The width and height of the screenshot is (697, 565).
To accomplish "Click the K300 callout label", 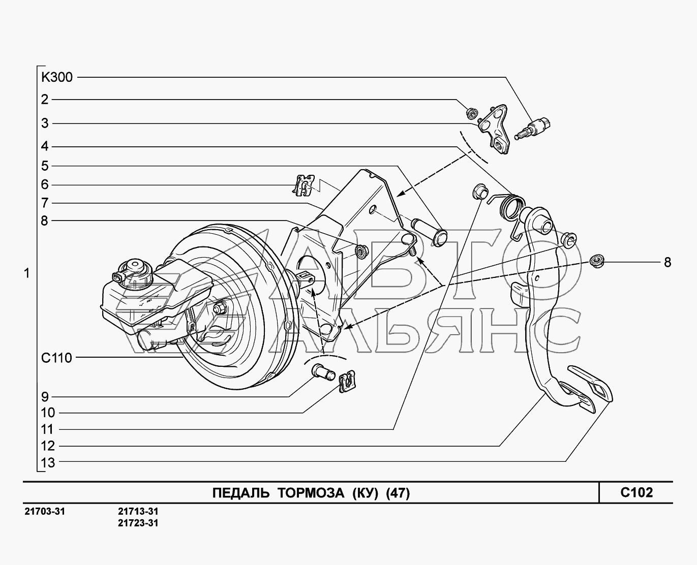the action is (x=56, y=78).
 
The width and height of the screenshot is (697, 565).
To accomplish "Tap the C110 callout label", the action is (x=56, y=358).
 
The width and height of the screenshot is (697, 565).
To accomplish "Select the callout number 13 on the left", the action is (x=48, y=463).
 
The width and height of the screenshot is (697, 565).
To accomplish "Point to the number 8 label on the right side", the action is (x=668, y=262).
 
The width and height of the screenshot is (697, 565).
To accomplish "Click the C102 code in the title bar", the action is (x=637, y=492).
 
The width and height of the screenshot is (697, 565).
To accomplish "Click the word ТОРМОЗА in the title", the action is (x=311, y=493).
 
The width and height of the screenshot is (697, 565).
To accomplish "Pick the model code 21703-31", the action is (x=45, y=511).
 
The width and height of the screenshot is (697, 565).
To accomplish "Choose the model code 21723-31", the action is (x=138, y=523).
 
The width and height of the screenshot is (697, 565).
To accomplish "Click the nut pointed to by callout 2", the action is (x=472, y=113).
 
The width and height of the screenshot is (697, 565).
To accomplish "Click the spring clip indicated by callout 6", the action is (x=304, y=185).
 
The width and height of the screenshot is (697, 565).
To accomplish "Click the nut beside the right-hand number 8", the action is (x=597, y=262).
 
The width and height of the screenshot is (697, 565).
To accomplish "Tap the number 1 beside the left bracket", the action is (x=27, y=273).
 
